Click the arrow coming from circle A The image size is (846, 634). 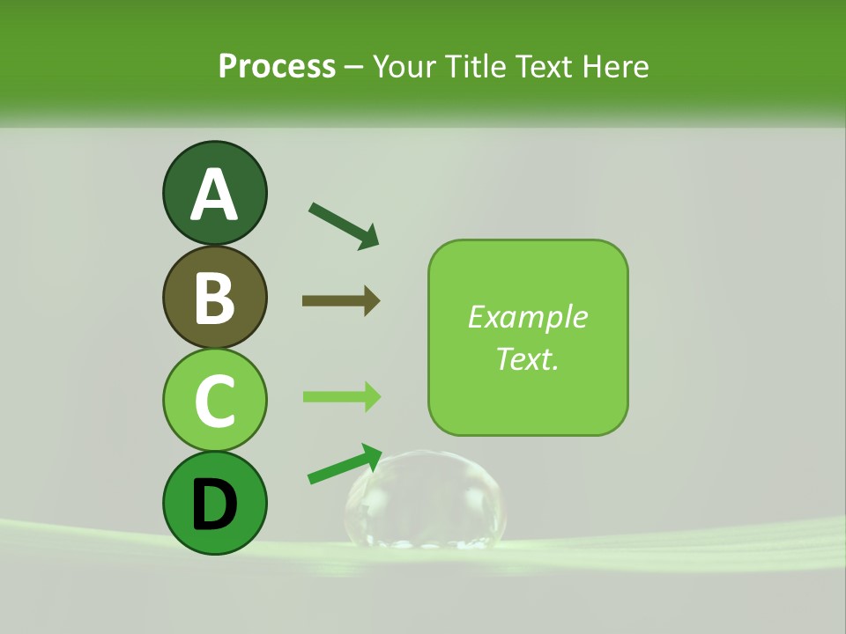(x=344, y=225)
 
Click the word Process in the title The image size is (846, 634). (x=277, y=67)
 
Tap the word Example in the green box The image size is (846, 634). (x=527, y=317)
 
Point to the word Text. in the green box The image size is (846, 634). (x=527, y=358)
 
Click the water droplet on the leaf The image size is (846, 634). (x=426, y=500)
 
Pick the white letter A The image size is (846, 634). (x=214, y=195)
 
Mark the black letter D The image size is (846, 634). (x=214, y=505)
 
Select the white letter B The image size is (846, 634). (x=214, y=299)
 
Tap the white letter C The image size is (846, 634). (x=214, y=402)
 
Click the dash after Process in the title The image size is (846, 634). (x=354, y=68)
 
